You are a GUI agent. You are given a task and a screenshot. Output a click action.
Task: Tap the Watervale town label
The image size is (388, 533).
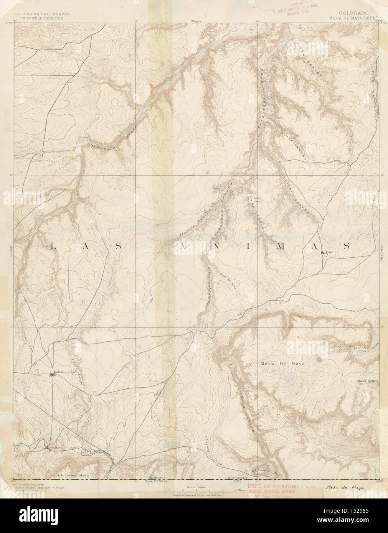click(x=56, y=447)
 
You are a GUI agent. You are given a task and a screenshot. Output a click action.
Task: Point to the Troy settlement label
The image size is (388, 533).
click(x=328, y=252)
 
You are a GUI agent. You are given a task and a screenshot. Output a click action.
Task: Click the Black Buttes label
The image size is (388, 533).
click(x=367, y=381)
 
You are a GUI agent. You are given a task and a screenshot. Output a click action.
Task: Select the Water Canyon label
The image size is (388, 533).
click(x=293, y=143)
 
